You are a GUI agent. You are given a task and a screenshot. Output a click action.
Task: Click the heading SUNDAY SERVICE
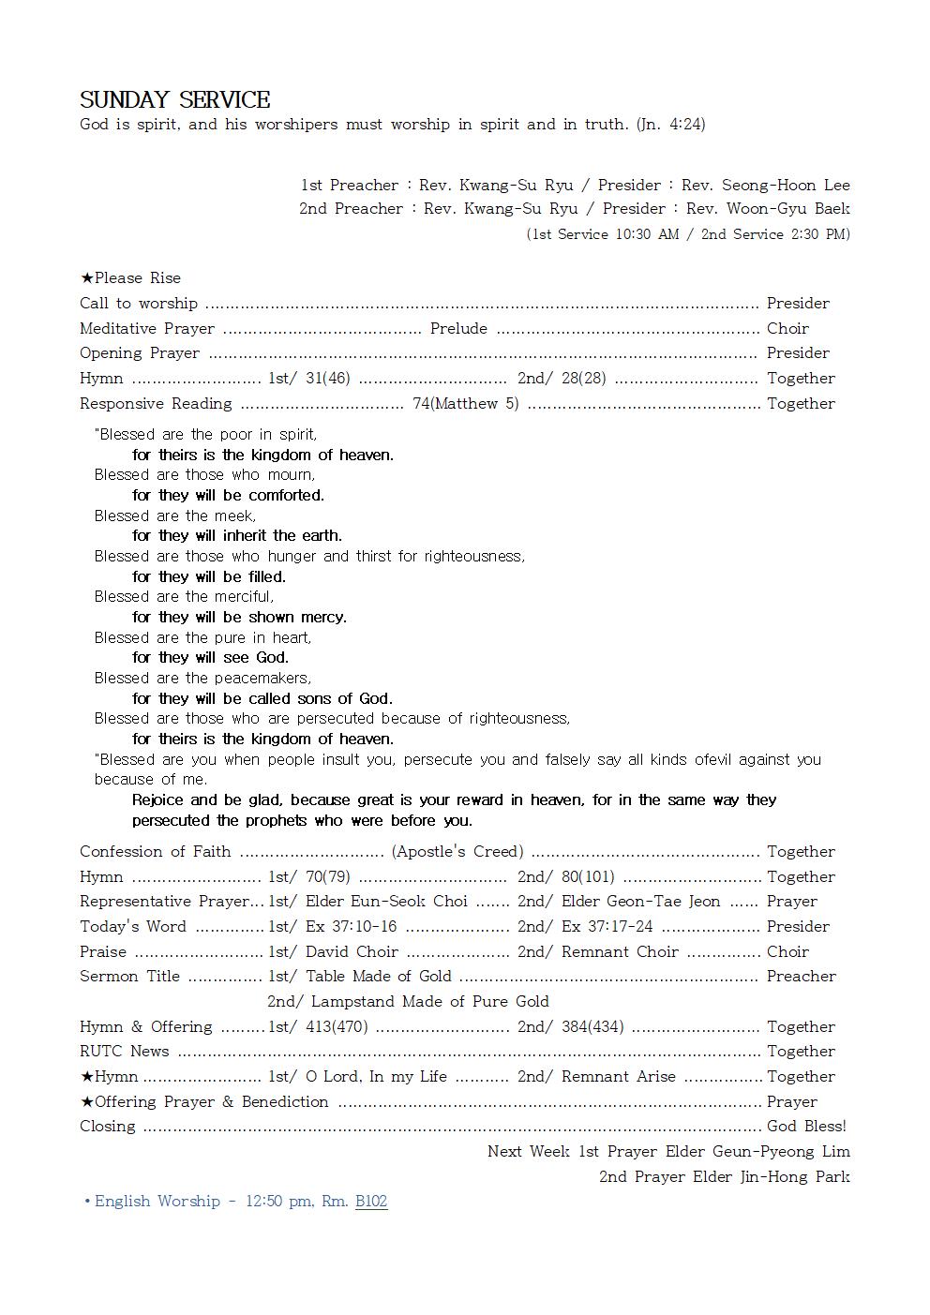[x=175, y=100]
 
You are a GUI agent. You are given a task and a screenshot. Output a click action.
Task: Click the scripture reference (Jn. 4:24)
[x=670, y=125]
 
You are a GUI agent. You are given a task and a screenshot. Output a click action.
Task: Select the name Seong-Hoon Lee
[x=786, y=186]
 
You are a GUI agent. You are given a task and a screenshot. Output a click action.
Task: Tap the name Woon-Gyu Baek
[x=788, y=209]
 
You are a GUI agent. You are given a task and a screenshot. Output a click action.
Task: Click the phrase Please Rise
[x=137, y=278]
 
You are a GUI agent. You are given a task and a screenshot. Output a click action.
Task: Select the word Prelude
[x=458, y=329]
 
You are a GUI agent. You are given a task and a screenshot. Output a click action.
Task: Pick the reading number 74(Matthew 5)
[x=465, y=404]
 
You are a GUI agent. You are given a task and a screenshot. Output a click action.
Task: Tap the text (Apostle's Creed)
[x=457, y=852]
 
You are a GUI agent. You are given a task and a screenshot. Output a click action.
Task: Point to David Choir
[x=352, y=952]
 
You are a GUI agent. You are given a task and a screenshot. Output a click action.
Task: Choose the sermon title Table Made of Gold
[x=378, y=977]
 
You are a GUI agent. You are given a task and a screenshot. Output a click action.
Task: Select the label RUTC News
[x=125, y=1052]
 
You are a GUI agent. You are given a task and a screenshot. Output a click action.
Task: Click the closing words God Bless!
[x=806, y=1127]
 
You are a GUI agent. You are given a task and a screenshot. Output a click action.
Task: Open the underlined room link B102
[x=371, y=1202]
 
